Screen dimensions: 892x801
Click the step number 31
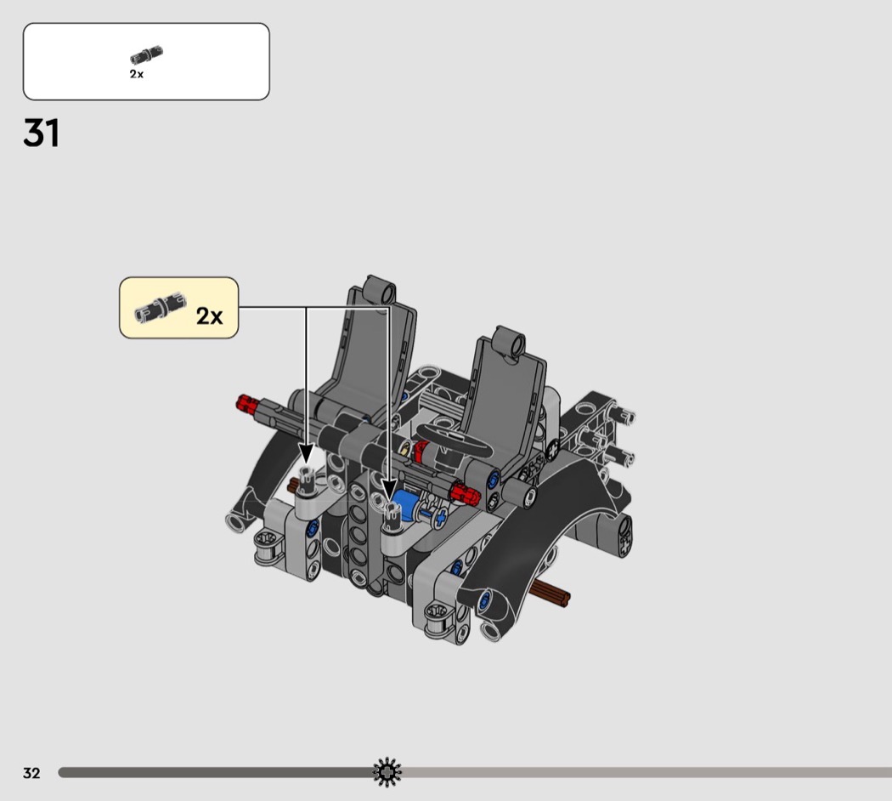tap(41, 133)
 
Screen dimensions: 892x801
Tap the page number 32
tap(32, 773)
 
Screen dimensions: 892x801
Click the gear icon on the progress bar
tap(387, 772)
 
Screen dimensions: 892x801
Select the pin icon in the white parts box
tap(146, 54)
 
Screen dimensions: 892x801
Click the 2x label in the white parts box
tap(137, 74)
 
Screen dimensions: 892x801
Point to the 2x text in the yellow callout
tap(209, 316)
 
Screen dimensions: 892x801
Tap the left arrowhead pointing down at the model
tap(306, 454)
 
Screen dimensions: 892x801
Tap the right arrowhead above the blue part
tap(389, 491)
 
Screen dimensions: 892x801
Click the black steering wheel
tap(454, 440)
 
